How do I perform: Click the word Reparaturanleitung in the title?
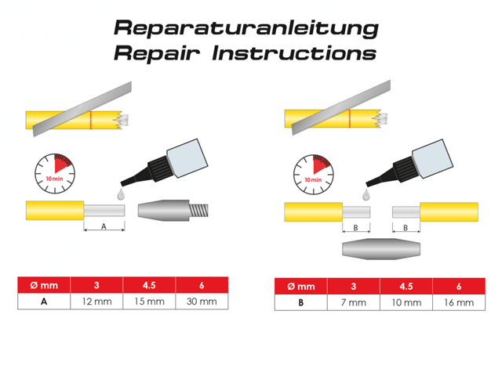click(246, 28)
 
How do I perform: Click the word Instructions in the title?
click(294, 52)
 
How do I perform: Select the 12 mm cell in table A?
click(96, 302)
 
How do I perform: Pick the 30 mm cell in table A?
click(202, 302)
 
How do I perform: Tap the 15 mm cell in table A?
click(149, 302)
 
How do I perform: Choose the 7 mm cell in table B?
click(354, 302)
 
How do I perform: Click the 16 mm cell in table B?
click(459, 302)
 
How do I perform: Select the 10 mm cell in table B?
click(406, 302)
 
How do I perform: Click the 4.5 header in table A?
click(149, 285)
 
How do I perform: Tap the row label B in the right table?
click(301, 302)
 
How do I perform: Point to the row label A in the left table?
click(44, 302)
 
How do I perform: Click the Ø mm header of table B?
click(301, 286)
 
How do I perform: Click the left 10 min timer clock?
click(55, 174)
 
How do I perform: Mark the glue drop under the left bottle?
click(121, 193)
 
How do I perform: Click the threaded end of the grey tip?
click(198, 211)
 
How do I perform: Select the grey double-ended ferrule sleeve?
click(381, 249)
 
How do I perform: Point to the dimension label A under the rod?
click(104, 226)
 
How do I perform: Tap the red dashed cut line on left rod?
click(91, 120)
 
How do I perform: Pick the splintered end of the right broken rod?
click(382, 118)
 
